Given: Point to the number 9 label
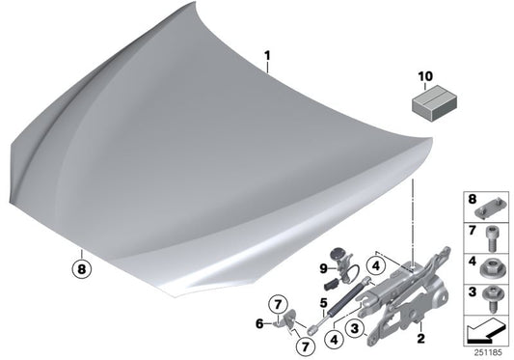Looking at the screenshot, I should coord(324,265).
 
